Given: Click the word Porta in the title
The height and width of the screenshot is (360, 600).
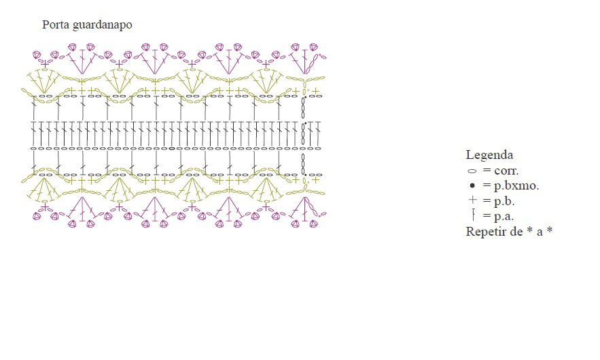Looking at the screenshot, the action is click(x=56, y=24).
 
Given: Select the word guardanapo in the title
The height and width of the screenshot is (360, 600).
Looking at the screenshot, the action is click(x=102, y=25).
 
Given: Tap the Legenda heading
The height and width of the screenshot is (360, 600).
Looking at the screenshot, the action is click(x=489, y=155).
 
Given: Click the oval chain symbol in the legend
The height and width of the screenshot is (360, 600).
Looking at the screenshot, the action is click(x=472, y=171).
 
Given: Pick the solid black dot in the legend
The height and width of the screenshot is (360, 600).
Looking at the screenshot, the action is click(x=472, y=185).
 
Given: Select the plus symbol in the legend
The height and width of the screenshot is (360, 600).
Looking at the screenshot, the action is click(x=472, y=200).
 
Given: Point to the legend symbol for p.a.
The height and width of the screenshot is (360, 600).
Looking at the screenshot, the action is click(x=474, y=215).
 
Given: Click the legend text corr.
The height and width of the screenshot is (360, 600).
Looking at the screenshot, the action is click(x=506, y=170).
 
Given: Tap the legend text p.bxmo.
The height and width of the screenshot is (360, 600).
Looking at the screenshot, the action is click(x=516, y=186).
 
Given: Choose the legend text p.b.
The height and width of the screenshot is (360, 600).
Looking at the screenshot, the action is click(x=504, y=201).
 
